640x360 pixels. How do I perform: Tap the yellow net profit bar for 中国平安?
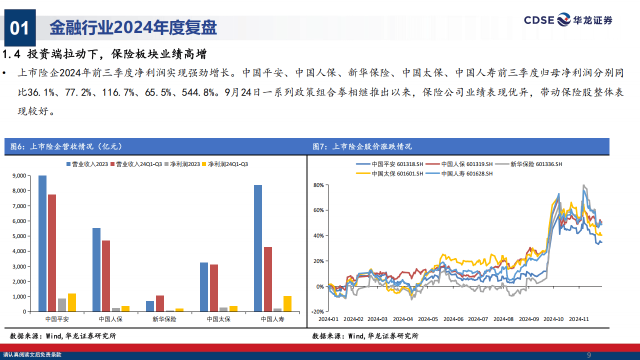[x=71, y=302]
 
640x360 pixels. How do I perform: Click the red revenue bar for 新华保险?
[x=160, y=303]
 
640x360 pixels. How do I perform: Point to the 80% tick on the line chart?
[x=319, y=185]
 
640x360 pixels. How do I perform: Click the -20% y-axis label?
[x=318, y=311]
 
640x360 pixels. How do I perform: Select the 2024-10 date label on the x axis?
[x=553, y=319]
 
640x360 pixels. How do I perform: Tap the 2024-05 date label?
[x=428, y=319]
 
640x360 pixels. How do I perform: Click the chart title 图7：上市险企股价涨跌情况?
[x=362, y=146]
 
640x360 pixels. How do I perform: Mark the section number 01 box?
[x=20, y=28]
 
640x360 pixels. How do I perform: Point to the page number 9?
[x=588, y=355]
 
